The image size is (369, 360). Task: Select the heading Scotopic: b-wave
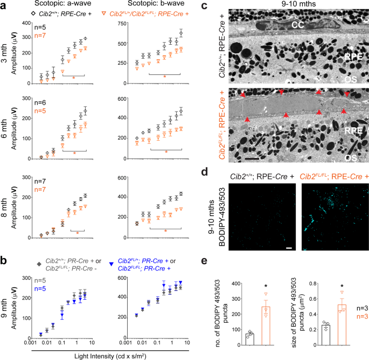tap(156, 5)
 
